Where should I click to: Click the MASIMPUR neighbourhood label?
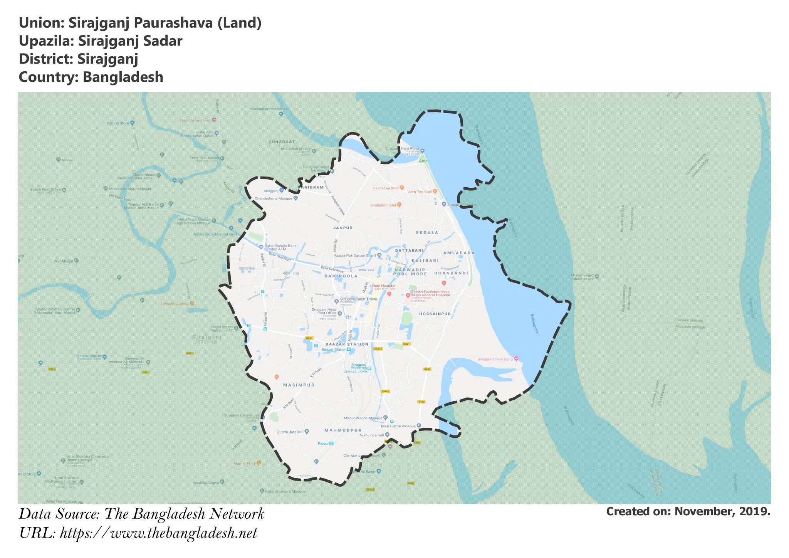[x=299, y=385]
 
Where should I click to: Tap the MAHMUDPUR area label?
[x=343, y=430]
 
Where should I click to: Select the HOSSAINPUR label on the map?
[x=435, y=314]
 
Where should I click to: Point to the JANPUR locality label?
[x=343, y=228]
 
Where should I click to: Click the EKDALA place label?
[x=427, y=232]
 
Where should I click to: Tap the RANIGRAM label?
[x=311, y=187]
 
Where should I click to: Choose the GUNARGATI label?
[x=283, y=142]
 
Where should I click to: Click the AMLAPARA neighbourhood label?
[x=459, y=253]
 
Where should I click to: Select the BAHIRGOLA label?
[x=341, y=276]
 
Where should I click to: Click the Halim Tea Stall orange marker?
[x=402, y=188]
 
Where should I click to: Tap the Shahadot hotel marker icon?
[x=400, y=205]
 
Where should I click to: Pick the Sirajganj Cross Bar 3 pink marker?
[x=517, y=359]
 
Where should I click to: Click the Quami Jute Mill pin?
[x=307, y=432]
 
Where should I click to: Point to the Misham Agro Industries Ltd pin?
[x=597, y=276]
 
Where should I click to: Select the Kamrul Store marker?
[x=132, y=123]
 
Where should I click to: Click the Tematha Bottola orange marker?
[x=192, y=304]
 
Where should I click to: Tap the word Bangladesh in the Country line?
[x=123, y=77]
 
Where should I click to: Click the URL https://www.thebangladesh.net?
[x=158, y=534]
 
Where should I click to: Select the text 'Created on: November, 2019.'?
[x=688, y=512]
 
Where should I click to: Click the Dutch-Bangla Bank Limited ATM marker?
[x=261, y=247]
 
